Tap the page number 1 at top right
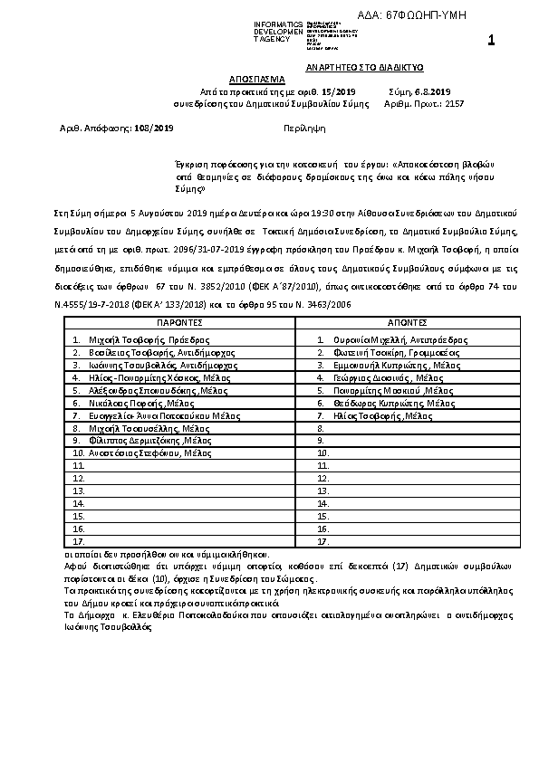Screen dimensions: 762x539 [490, 40]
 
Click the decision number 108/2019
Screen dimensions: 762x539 [149, 129]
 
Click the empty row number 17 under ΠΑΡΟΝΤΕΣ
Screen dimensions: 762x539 [79, 541]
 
